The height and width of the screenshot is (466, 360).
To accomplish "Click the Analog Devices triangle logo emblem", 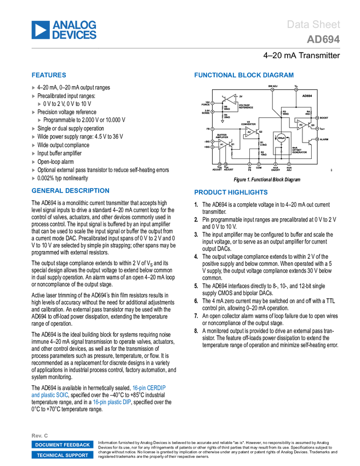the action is coord(40,30).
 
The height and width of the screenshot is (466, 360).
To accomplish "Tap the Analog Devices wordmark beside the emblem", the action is coord(75,30).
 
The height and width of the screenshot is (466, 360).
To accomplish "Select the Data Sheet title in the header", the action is coord(314,25).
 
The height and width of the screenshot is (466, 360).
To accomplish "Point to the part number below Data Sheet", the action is coord(323,39).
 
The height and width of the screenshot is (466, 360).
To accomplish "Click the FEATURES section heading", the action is coord(49,75).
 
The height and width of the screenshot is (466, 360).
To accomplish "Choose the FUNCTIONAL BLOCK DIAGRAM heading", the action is coord(244,75).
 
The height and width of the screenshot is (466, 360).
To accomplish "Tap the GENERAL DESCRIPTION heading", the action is coord(71,191).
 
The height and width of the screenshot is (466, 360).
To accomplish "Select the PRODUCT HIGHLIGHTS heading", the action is coord(231,192).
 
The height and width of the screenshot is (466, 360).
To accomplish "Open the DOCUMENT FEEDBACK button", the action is coord(62,445).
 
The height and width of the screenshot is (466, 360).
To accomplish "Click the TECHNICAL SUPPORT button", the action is coord(62,455).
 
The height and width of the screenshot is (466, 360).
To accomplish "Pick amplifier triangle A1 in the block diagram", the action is coord(222,144).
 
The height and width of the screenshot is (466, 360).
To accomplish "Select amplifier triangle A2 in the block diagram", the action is coord(249,132).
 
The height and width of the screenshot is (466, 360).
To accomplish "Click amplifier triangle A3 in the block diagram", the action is coord(301,125).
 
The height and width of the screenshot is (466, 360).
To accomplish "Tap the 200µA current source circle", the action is coord(281,138).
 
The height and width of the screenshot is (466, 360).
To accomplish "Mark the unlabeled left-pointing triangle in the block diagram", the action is coord(232,99).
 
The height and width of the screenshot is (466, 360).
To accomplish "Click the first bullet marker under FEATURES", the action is coord(33,88).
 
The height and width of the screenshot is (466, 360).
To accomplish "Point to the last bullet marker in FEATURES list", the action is coord(33,178).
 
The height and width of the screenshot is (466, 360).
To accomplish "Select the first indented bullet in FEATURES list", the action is coord(39,104).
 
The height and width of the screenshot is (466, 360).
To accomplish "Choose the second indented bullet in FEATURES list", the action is coord(39,120).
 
